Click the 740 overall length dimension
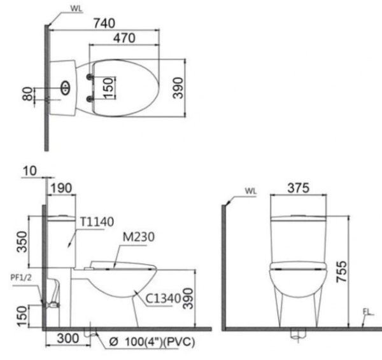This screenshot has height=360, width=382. pyautogui.click(x=103, y=23)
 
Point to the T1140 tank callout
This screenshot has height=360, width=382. pyautogui.click(x=97, y=222)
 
